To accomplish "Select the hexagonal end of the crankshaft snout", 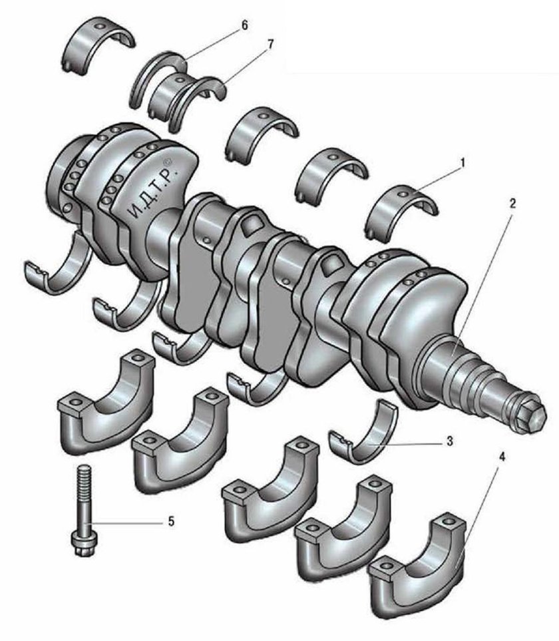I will (532, 417).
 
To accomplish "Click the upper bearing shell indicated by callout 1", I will (402, 206).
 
